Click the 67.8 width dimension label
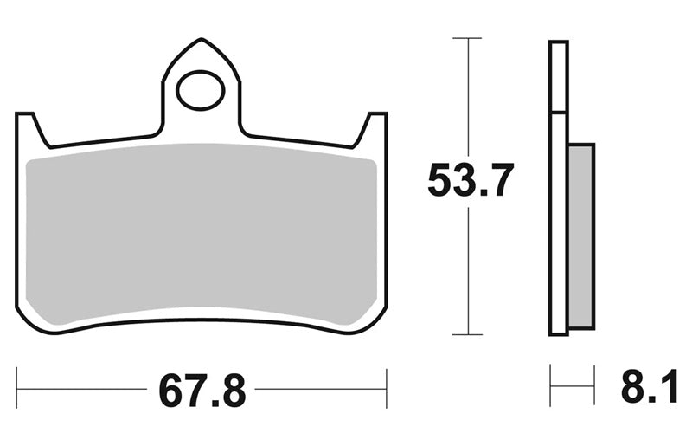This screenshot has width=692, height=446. [202, 391]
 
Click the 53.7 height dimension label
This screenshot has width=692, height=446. [471, 180]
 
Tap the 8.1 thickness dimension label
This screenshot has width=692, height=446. [650, 387]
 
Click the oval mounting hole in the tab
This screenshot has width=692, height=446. [201, 90]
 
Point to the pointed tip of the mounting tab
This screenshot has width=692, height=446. [202, 39]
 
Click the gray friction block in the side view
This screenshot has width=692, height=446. [581, 236]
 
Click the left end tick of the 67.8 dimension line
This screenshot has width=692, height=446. [16, 389]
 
